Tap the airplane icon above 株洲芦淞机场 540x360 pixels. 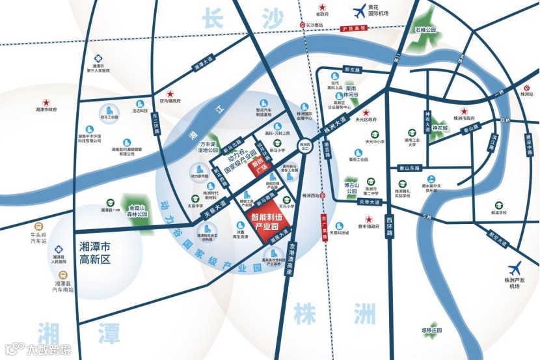click(515, 267)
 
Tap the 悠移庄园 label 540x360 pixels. click(431, 330)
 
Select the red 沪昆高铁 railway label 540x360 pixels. click(354, 29)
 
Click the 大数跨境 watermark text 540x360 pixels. click(47, 350)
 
